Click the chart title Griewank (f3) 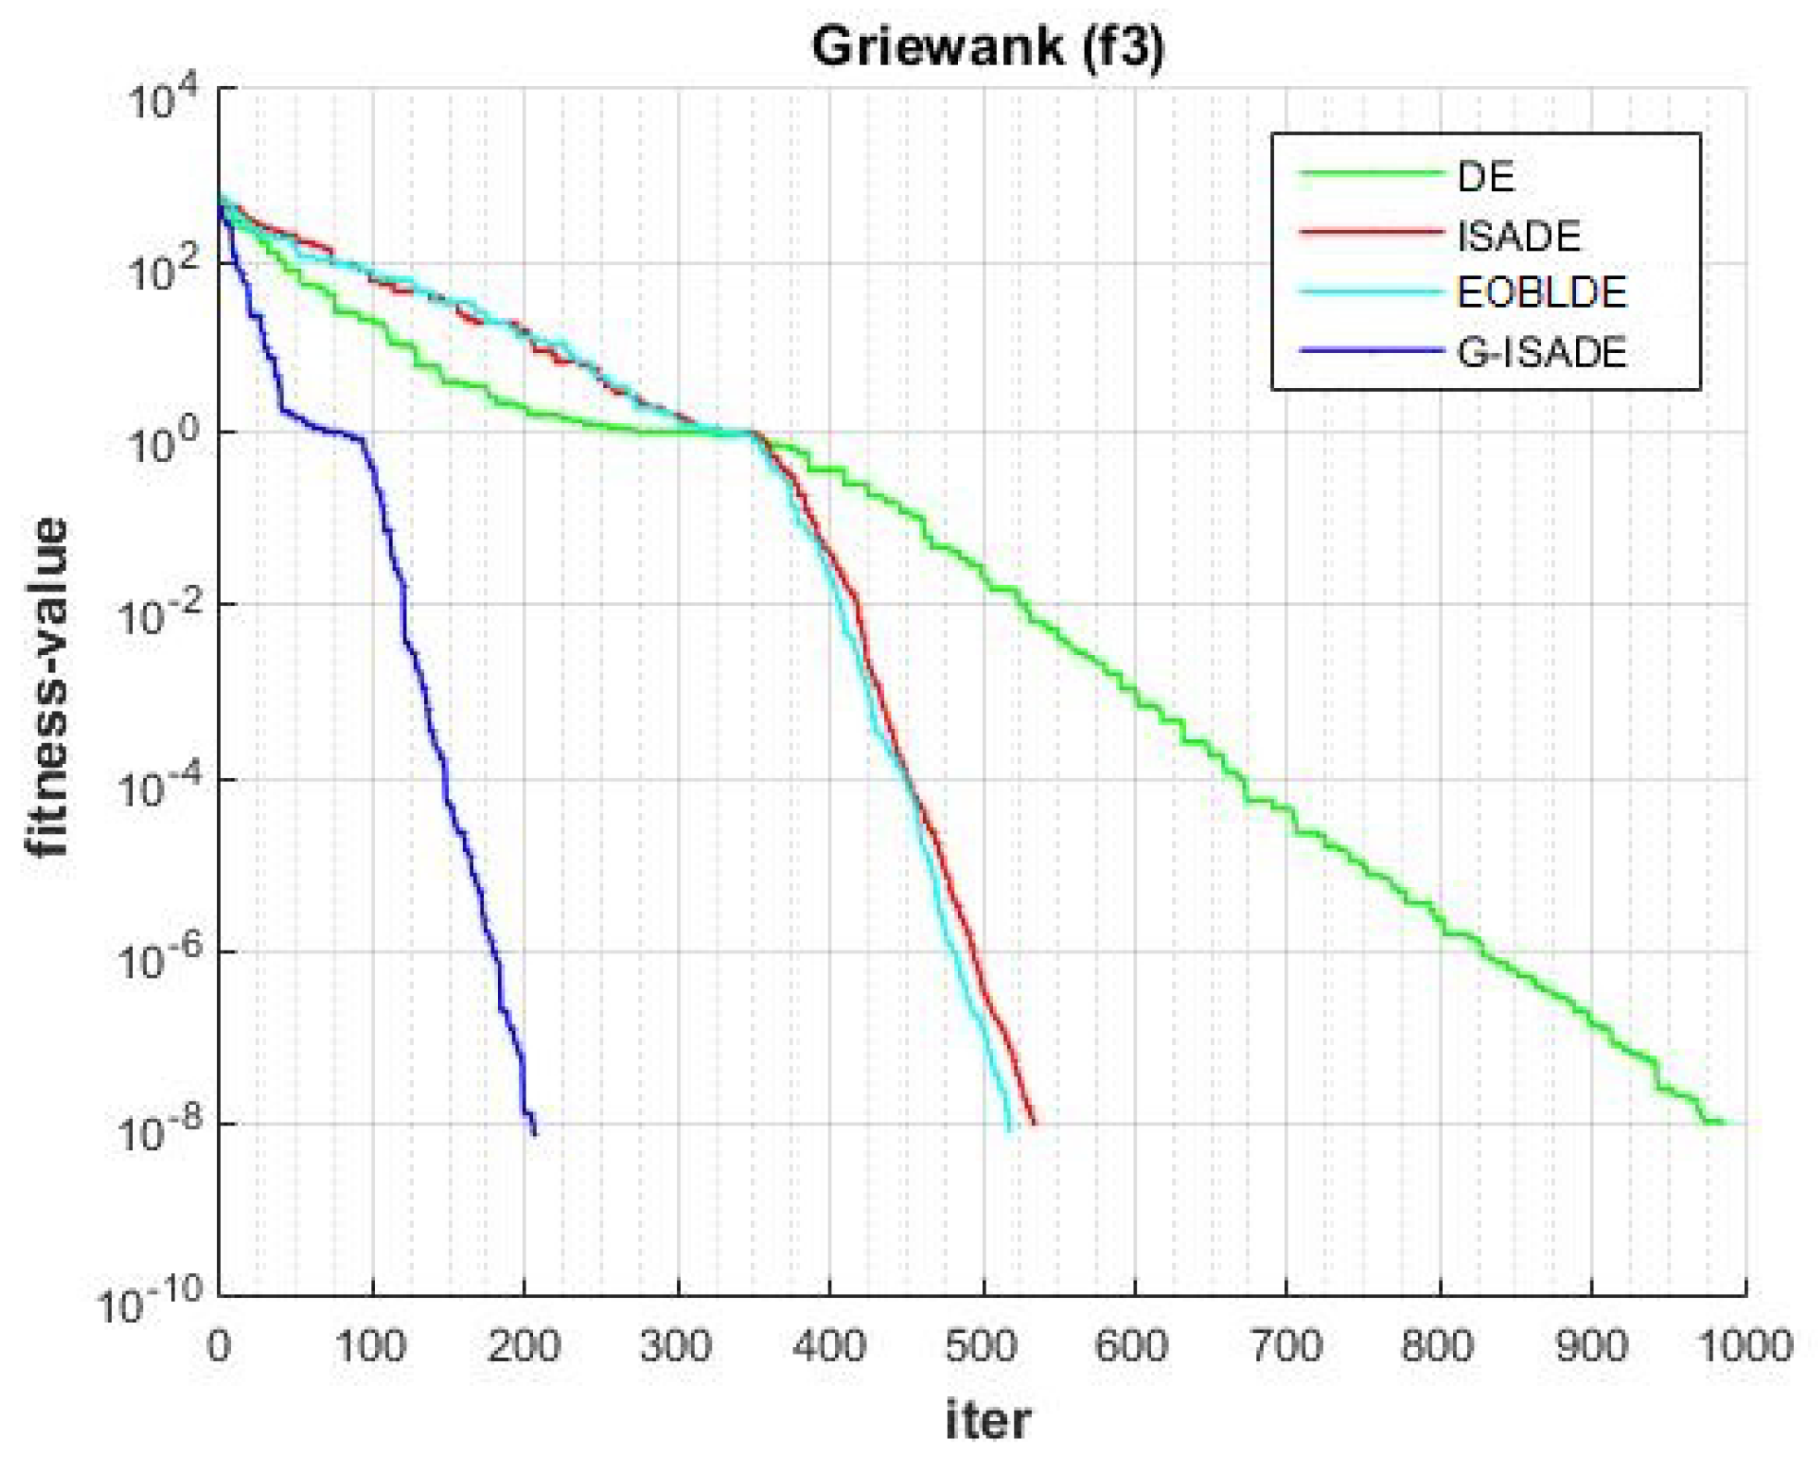[x=987, y=46]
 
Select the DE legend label [x=1485, y=176]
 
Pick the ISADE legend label [x=1518, y=236]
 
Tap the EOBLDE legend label [x=1541, y=293]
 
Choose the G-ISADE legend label [x=1541, y=352]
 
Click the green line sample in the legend [x=1370, y=174]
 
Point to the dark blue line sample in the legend [x=1370, y=350]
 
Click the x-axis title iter [x=987, y=1419]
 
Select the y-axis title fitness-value [x=48, y=687]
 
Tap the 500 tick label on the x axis [x=981, y=1346]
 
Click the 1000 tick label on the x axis [x=1744, y=1346]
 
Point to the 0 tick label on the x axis [x=219, y=1346]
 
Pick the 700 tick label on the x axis [x=1286, y=1346]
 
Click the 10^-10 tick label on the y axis [x=151, y=1305]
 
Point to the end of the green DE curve [x=1724, y=1123]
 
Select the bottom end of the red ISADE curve [x=1034, y=1123]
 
